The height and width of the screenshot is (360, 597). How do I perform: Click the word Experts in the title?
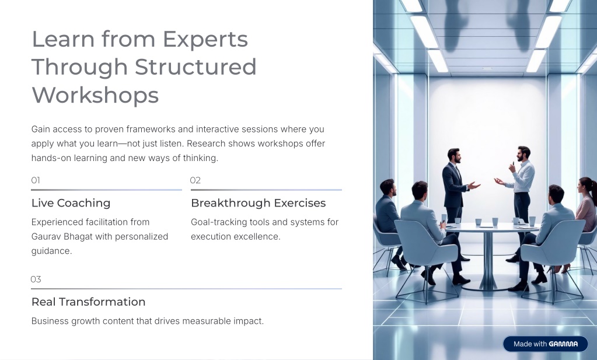205,40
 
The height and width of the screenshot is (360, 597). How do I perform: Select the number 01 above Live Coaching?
36,180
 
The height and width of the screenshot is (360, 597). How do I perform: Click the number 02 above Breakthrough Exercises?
195,180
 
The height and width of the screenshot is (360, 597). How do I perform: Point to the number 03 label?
36,279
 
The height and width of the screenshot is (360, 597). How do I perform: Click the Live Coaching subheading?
71,203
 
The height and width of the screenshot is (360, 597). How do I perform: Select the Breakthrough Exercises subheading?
258,203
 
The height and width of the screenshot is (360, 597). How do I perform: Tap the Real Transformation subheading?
88,302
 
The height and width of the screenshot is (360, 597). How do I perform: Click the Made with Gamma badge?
545,344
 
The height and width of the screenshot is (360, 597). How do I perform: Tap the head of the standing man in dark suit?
454,155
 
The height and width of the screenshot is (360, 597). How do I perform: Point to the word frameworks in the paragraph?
151,130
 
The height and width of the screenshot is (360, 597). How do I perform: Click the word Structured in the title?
195,67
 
